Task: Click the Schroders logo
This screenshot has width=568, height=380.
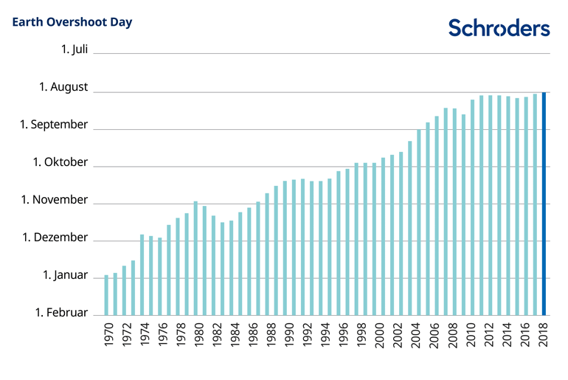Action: (499, 28)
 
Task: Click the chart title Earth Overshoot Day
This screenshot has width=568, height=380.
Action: (72, 22)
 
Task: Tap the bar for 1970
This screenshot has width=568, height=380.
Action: (106, 295)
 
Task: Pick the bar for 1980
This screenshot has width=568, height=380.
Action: (195, 258)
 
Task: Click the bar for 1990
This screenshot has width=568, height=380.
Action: (285, 248)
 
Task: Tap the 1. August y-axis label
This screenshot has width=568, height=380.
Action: (63, 87)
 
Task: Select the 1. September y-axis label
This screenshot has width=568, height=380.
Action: (54, 125)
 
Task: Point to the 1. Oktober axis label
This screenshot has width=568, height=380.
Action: (60, 162)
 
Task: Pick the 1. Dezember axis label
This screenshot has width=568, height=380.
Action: (55, 238)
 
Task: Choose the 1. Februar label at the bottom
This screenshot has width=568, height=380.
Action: (61, 313)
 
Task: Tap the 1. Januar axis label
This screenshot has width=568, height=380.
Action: (65, 275)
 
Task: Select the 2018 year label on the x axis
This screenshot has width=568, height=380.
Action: (544, 336)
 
